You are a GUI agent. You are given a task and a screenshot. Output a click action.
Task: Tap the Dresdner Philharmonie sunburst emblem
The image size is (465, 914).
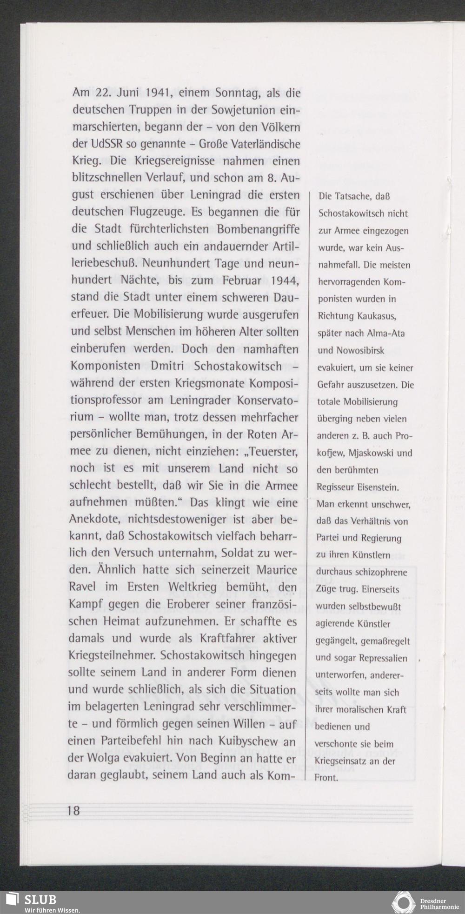(x=403, y=902)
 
